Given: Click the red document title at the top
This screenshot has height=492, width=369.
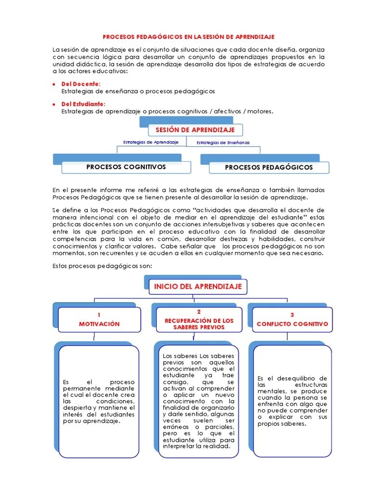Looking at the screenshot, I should [189, 37].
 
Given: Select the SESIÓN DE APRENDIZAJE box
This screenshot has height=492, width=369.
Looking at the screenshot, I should [195, 130].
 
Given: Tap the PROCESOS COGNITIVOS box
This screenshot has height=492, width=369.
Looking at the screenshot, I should [126, 167].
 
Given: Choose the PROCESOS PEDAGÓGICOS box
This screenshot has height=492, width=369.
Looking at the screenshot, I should [269, 168].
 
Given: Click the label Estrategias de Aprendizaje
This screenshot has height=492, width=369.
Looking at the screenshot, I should [151, 142].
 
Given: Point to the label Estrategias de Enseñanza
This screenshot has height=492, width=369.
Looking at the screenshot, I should [223, 143].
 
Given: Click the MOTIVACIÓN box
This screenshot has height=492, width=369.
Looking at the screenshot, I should [99, 320].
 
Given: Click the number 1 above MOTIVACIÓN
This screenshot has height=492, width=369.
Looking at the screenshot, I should [99, 315].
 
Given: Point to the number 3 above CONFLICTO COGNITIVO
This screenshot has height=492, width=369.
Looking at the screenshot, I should [292, 315].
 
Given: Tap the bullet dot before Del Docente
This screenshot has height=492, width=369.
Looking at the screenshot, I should [55, 84].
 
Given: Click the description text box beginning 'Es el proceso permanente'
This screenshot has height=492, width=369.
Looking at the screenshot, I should [99, 401].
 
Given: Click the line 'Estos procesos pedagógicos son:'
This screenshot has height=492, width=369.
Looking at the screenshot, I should [102, 266].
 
